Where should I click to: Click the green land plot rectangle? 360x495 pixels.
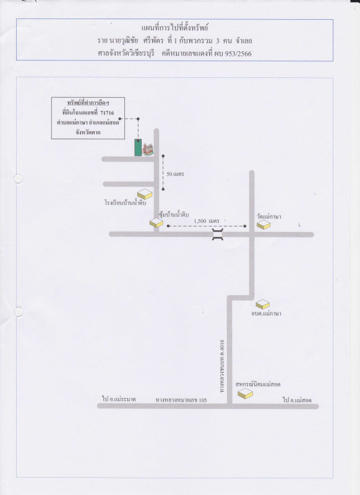pos(138,147)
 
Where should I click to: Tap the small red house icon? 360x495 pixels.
pos(147,149)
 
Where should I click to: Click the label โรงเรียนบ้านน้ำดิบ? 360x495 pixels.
pos(126,203)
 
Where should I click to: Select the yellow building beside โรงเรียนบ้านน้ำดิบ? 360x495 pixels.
pos(145,194)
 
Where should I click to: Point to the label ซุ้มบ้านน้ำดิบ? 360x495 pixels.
pos(174,215)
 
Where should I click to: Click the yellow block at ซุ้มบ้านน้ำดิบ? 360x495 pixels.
pos(156,223)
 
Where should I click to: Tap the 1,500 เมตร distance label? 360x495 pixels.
pos(207,221)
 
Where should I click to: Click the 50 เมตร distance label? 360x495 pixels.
pos(175,174)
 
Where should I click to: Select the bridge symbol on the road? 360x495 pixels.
pos(218,235)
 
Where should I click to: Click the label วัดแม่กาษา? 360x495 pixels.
pos(269,217)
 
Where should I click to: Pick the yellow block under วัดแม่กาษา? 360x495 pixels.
pos(264,225)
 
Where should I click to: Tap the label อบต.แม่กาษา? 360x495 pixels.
pos(266,314)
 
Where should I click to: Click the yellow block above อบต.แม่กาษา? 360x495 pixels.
pos(262,304)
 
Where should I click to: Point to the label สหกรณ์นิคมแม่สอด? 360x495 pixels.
pos(258,384)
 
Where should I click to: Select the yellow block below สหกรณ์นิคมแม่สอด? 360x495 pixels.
pos(245,394)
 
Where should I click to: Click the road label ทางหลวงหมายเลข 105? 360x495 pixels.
pos(181,400)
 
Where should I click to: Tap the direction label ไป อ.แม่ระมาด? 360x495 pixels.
pos(119,399)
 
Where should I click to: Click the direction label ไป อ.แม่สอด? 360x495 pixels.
pos(297,400)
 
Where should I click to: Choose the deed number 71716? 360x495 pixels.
pos(107,113)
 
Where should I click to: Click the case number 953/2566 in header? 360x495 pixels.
pos(238,54)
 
